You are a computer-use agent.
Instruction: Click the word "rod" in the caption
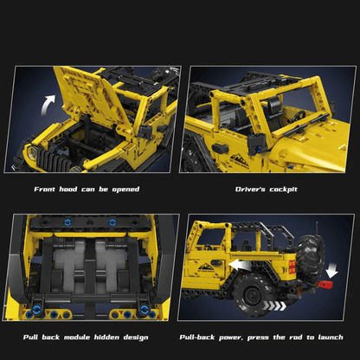coord(292,337)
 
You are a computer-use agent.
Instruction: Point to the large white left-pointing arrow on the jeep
coord(245,263)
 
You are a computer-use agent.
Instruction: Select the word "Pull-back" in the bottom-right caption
coord(201,337)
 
